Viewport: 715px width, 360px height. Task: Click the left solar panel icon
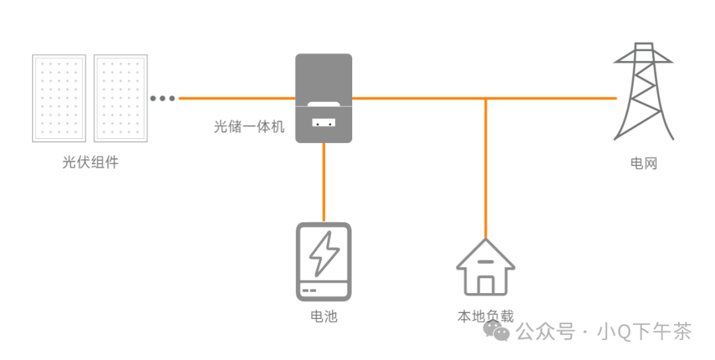pos(59,98)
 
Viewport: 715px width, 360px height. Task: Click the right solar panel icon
pos(120,98)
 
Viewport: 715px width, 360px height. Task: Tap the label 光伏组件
pos(90,162)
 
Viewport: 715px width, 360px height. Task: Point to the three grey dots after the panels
pos(162,99)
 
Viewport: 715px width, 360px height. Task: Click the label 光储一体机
pos(249,126)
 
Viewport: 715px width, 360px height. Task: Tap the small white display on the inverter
pos(323,123)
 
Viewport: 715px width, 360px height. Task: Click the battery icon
pos(323,262)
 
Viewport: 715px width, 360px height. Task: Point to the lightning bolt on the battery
pos(324,253)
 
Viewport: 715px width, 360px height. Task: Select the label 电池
pos(324,316)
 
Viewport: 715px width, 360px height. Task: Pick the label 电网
pos(643,163)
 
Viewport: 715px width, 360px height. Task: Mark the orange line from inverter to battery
pos(324,182)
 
